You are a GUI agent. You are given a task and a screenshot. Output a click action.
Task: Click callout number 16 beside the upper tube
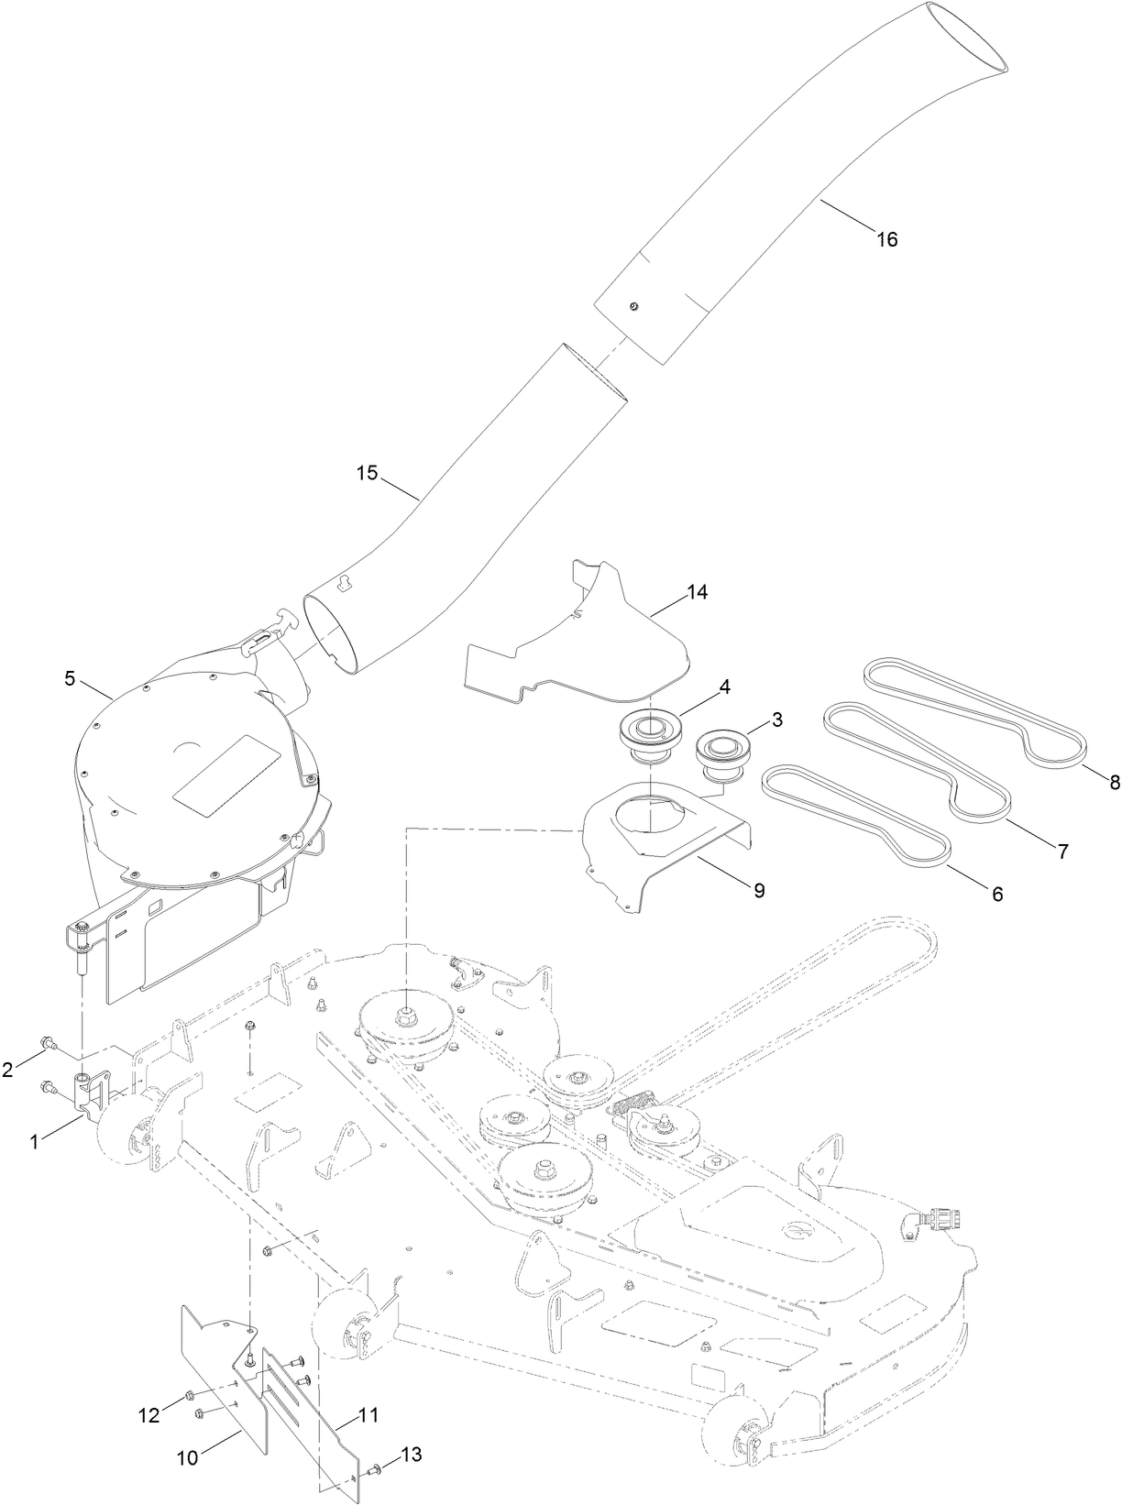886,239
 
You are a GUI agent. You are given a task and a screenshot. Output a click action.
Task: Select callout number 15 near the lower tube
367,473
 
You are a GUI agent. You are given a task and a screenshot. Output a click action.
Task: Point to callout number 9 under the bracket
759,888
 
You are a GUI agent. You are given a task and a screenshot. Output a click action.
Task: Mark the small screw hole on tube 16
632,306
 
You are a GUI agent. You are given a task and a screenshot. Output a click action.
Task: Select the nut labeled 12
188,1396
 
